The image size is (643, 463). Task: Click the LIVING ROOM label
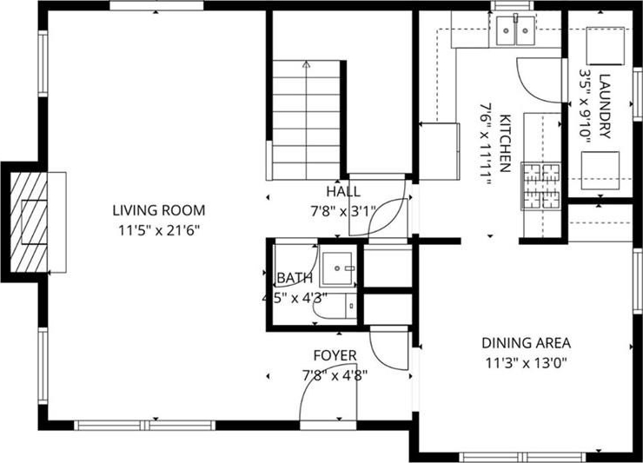(159, 210)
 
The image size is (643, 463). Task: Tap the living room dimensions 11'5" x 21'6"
(159, 230)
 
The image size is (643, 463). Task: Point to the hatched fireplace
(29, 222)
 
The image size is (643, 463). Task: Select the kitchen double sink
(515, 30)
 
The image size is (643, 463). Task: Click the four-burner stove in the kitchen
(540, 186)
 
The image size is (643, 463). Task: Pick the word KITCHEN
(505, 143)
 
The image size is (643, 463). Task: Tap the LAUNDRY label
(605, 106)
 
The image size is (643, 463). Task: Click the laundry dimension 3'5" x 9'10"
(585, 106)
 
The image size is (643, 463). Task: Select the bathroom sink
(337, 268)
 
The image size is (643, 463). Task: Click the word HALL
(343, 191)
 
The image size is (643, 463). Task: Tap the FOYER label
(335, 355)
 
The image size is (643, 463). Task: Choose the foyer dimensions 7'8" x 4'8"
(335, 375)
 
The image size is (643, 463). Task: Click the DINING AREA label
(526, 343)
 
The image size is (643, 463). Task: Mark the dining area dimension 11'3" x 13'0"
(526, 363)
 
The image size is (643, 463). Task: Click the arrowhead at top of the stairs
(307, 64)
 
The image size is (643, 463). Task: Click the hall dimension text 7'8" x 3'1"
(343, 212)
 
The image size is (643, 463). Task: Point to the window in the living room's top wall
(156, 5)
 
